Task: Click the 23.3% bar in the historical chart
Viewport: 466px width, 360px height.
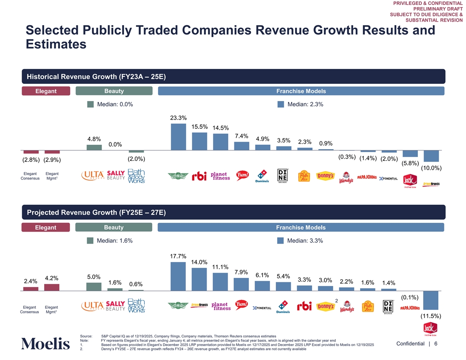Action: click(x=178, y=137)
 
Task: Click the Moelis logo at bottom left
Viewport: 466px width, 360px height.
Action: click(x=45, y=344)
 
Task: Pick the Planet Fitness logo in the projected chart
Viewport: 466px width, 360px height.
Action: click(x=221, y=306)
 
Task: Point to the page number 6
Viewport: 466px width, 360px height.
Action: click(x=436, y=344)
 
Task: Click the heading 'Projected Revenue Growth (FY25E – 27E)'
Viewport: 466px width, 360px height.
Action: click(x=96, y=213)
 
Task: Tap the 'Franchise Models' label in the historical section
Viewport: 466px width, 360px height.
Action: click(x=301, y=91)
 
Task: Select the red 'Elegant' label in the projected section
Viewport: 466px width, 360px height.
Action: click(x=45, y=228)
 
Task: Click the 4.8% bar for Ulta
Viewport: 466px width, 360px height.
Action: click(x=94, y=148)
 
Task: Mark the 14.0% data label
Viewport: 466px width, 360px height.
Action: click(x=199, y=262)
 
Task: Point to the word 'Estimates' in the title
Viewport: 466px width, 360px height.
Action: click(x=56, y=45)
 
